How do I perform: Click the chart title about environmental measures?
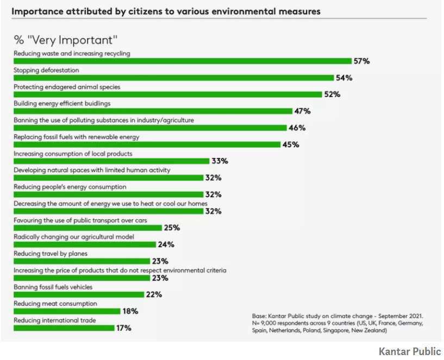tap(166, 11)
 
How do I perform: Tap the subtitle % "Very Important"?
tap(66, 40)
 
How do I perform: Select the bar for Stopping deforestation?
tap(173, 78)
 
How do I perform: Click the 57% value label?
tap(361, 61)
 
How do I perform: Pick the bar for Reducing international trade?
tap(64, 328)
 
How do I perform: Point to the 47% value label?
tap(302, 111)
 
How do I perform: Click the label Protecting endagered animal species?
tap(67, 87)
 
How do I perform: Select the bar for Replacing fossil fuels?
tap(146, 144)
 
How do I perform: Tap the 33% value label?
tap(220, 161)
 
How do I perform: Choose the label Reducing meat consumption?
tap(55, 304)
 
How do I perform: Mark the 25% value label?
tap(172, 228)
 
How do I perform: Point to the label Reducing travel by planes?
tap(50, 254)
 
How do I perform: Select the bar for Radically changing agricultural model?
tap(84, 244)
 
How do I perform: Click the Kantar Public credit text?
tap(409, 351)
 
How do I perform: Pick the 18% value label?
tap(130, 312)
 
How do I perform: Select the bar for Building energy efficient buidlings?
tap(153, 111)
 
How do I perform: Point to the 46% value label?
tap(297, 128)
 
